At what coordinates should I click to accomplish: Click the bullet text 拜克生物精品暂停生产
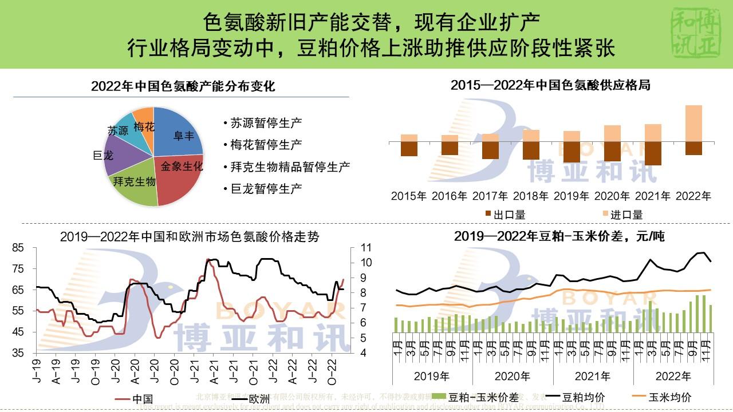click(x=290, y=167)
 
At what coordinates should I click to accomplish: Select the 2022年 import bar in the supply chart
click(x=693, y=123)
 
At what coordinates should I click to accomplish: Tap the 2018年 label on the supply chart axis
click(x=531, y=196)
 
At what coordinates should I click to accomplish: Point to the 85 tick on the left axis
click(x=18, y=248)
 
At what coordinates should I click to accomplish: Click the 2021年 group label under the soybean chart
click(x=593, y=376)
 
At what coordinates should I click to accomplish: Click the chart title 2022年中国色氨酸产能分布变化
click(x=183, y=86)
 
